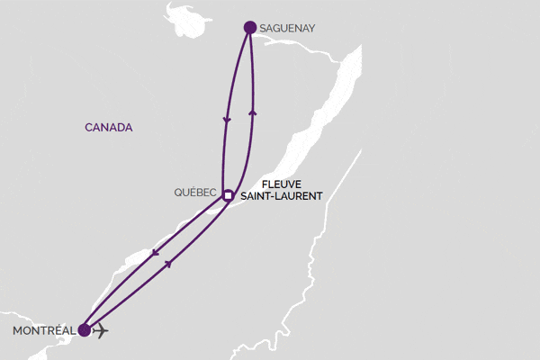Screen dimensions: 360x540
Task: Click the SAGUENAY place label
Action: click(x=289, y=29)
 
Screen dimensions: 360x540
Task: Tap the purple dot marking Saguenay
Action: click(x=249, y=27)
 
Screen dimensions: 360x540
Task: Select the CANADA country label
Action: click(x=109, y=128)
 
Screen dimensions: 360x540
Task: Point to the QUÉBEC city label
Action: click(x=197, y=193)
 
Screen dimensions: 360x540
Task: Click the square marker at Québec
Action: click(x=229, y=194)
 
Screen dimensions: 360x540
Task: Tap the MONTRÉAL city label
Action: click(x=43, y=330)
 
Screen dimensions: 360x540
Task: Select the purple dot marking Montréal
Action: click(x=85, y=330)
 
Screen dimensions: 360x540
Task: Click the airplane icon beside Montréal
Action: click(x=101, y=330)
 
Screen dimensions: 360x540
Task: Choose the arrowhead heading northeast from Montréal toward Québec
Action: click(x=170, y=264)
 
